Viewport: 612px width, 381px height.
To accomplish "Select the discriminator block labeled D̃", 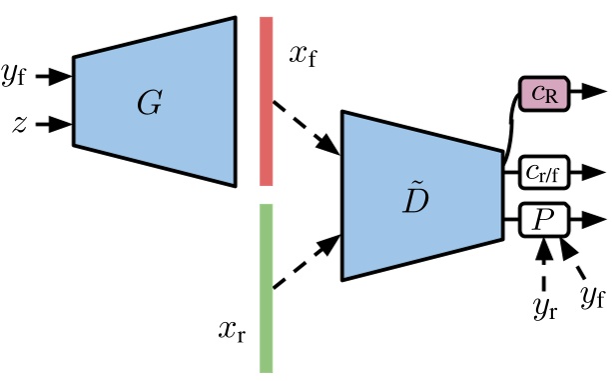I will [419, 196].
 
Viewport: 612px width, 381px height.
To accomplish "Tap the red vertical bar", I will [267, 100].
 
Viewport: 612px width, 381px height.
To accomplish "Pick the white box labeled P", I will [542, 219].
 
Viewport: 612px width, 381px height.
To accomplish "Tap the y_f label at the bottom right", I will [591, 296].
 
